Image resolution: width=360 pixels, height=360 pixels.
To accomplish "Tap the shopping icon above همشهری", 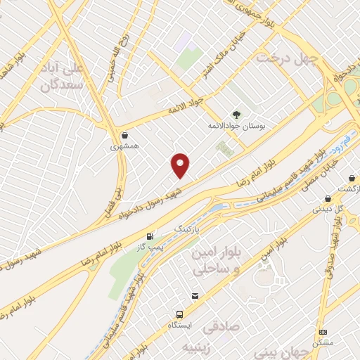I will (125, 135).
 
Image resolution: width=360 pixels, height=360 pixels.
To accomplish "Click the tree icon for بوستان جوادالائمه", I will (236, 113).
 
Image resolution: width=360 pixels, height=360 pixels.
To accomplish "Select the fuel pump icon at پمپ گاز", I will (149, 237).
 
